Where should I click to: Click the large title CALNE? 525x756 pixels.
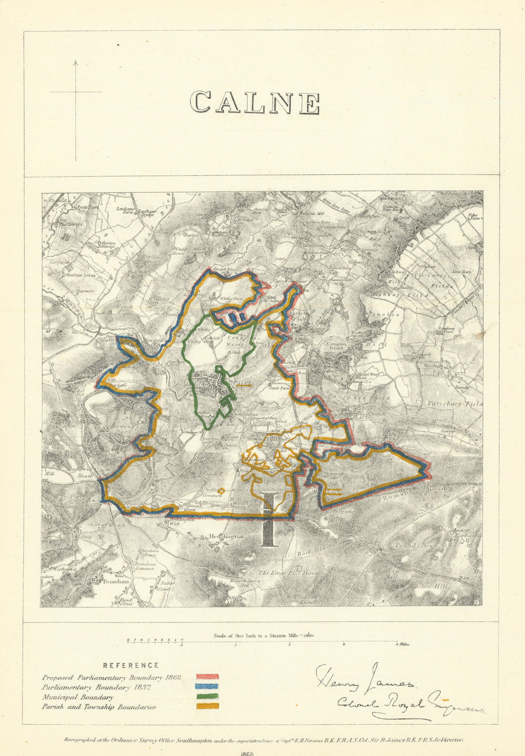[x=255, y=102]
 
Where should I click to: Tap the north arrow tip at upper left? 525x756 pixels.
[x=76, y=62]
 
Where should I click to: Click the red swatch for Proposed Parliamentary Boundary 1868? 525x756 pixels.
[x=207, y=678]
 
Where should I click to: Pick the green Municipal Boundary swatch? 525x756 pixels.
[x=207, y=697]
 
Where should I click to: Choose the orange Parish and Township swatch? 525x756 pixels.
[x=207, y=707]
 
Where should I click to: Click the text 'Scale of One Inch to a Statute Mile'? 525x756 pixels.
[x=256, y=635]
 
